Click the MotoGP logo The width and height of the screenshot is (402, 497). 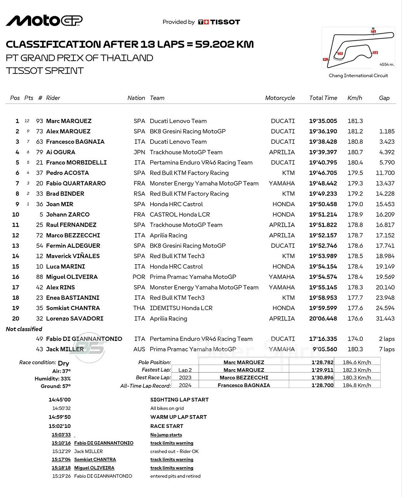[x=44, y=21]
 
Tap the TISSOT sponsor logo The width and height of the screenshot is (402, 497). [x=219, y=22]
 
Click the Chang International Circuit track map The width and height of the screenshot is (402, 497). [x=358, y=48]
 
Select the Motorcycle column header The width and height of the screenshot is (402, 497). [x=280, y=98]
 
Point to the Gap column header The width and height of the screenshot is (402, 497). [x=384, y=98]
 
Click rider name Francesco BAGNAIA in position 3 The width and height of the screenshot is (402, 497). [x=75, y=142]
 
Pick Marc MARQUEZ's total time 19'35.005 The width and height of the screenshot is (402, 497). [x=323, y=121]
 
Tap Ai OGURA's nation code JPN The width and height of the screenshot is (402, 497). [x=139, y=152]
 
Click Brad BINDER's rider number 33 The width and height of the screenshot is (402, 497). [x=40, y=194]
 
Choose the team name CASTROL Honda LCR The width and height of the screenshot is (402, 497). [x=180, y=214]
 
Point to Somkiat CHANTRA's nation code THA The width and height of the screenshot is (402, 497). [x=139, y=308]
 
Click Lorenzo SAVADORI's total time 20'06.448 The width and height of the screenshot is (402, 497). [x=323, y=318]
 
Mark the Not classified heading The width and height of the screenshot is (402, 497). [x=24, y=329]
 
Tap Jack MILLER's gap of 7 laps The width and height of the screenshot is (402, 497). [x=386, y=349]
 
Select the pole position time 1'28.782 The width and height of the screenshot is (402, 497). [x=322, y=362]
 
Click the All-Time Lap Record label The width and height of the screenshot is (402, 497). [x=146, y=386]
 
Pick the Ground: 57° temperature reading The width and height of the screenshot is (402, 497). [x=56, y=386]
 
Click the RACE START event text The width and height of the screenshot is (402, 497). [x=167, y=426]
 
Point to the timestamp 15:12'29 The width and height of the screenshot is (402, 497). [x=61, y=451]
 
